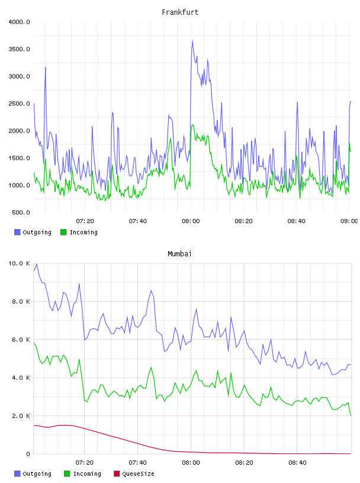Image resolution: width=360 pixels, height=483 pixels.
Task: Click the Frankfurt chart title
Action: tap(180, 12)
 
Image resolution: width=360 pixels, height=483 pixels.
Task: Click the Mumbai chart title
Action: tap(179, 254)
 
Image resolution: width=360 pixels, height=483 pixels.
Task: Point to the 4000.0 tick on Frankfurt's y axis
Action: tap(19, 22)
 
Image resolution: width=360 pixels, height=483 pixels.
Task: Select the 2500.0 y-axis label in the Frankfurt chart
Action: tap(19, 104)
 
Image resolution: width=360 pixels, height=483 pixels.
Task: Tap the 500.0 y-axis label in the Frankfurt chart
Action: tap(21, 212)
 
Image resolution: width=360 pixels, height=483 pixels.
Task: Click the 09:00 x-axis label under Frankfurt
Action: tap(349, 221)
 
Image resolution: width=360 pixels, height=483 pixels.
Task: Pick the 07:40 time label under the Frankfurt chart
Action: tap(138, 221)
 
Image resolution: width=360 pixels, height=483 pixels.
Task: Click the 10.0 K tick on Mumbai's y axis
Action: tap(19, 263)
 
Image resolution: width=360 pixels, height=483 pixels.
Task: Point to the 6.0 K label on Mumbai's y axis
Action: tap(21, 339)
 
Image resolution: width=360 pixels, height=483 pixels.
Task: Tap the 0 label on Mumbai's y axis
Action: tap(28, 454)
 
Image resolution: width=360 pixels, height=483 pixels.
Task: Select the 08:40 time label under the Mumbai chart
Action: tap(297, 463)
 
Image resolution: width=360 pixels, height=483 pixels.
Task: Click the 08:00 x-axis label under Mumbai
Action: tap(191, 463)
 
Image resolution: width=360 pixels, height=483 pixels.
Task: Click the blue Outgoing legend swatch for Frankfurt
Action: tap(17, 232)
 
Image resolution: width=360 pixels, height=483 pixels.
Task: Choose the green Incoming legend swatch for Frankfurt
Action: tap(63, 232)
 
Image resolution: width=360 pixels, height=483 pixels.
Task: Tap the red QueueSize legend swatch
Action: tap(117, 474)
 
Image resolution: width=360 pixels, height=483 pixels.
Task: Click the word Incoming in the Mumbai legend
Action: tap(87, 474)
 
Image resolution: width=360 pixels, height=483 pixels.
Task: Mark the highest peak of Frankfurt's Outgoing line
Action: tap(193, 40)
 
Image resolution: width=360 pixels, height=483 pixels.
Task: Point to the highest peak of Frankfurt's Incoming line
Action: tap(192, 125)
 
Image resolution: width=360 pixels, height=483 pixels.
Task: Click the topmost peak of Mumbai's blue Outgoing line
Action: tap(37, 263)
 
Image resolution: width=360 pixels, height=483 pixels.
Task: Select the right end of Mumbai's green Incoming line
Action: tap(351, 416)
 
